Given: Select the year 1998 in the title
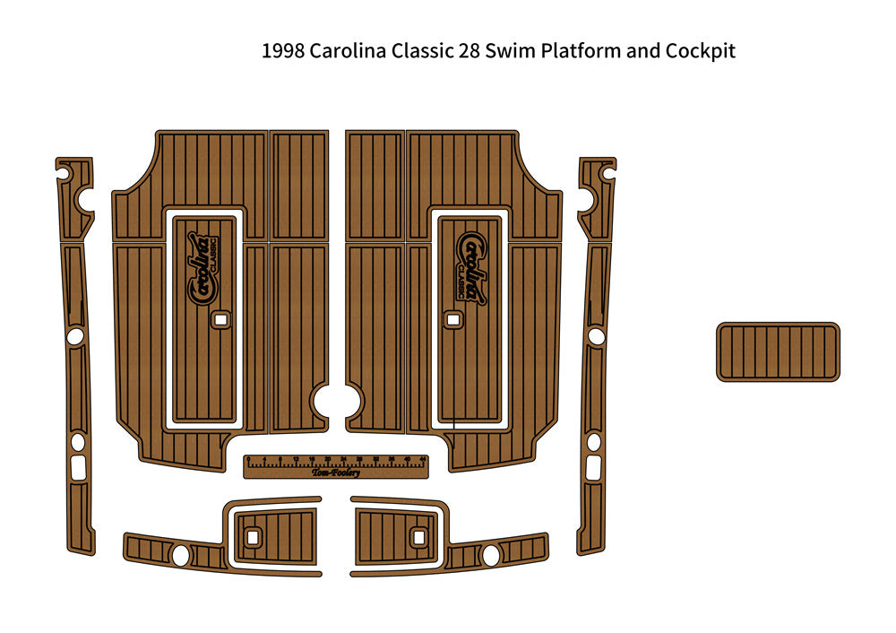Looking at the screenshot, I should pyautogui.click(x=283, y=51).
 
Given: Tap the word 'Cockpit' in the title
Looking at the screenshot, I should pyautogui.click(x=700, y=51).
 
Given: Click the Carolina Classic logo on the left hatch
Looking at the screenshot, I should pyautogui.click(x=202, y=268).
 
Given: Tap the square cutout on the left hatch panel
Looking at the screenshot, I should pyautogui.click(x=219, y=318).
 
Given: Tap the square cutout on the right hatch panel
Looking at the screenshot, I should pyautogui.click(x=453, y=318).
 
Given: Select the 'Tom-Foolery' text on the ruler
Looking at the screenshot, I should pyautogui.click(x=336, y=473).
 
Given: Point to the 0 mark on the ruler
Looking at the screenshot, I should pyautogui.click(x=249, y=459).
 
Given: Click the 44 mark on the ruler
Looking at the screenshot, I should pyautogui.click(x=421, y=459).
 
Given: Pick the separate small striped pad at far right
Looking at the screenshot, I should pyautogui.click(x=778, y=351).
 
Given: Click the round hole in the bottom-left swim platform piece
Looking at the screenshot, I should pyautogui.click(x=180, y=555).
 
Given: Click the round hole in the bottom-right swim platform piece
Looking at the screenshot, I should pyautogui.click(x=491, y=555).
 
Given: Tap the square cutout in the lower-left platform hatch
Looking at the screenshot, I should pyautogui.click(x=253, y=537).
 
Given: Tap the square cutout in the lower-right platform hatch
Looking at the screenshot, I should pyautogui.click(x=418, y=537).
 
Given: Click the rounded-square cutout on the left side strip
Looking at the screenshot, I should pyautogui.click(x=78, y=464).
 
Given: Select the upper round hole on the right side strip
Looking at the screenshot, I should pyautogui.click(x=596, y=335).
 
